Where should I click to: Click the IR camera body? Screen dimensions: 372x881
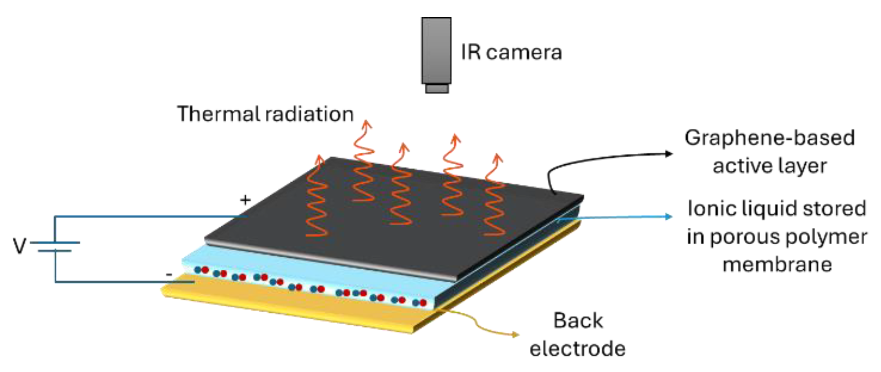pos(436,51)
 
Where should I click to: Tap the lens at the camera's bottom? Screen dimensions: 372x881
pos(436,89)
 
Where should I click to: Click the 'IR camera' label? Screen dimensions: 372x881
pos(511,52)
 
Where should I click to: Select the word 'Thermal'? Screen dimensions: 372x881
pos(217,114)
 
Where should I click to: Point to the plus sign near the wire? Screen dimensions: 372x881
pos(245,200)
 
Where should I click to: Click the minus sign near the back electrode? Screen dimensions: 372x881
pos(169,275)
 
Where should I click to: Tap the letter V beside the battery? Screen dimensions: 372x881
pos(19,246)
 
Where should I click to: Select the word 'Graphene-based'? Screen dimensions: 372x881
pos(769,138)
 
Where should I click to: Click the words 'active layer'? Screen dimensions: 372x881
pos(769,166)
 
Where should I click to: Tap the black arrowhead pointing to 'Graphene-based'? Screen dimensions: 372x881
pos(669,153)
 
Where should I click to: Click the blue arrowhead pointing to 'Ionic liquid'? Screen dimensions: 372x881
pos(669,216)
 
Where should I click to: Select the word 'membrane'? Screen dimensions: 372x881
pos(777,264)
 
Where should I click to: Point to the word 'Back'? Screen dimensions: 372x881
pos(578,321)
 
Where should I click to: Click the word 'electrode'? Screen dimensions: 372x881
pos(577,349)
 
